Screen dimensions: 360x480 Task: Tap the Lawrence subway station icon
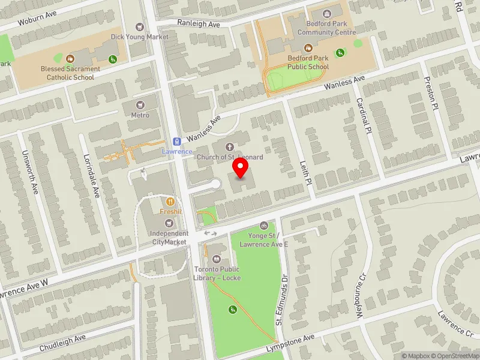(176, 142)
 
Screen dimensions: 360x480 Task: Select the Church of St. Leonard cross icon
(229, 147)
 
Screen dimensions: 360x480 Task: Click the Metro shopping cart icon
(140, 105)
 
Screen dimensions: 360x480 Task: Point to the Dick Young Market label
(140, 37)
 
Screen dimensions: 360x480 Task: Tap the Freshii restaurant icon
(170, 202)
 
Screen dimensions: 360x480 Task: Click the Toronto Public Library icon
(217, 259)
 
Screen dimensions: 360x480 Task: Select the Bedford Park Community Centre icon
(326, 13)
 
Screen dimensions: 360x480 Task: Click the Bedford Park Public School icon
(308, 48)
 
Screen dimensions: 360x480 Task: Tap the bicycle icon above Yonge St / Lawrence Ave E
(264, 226)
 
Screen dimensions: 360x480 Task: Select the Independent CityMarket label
(169, 238)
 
